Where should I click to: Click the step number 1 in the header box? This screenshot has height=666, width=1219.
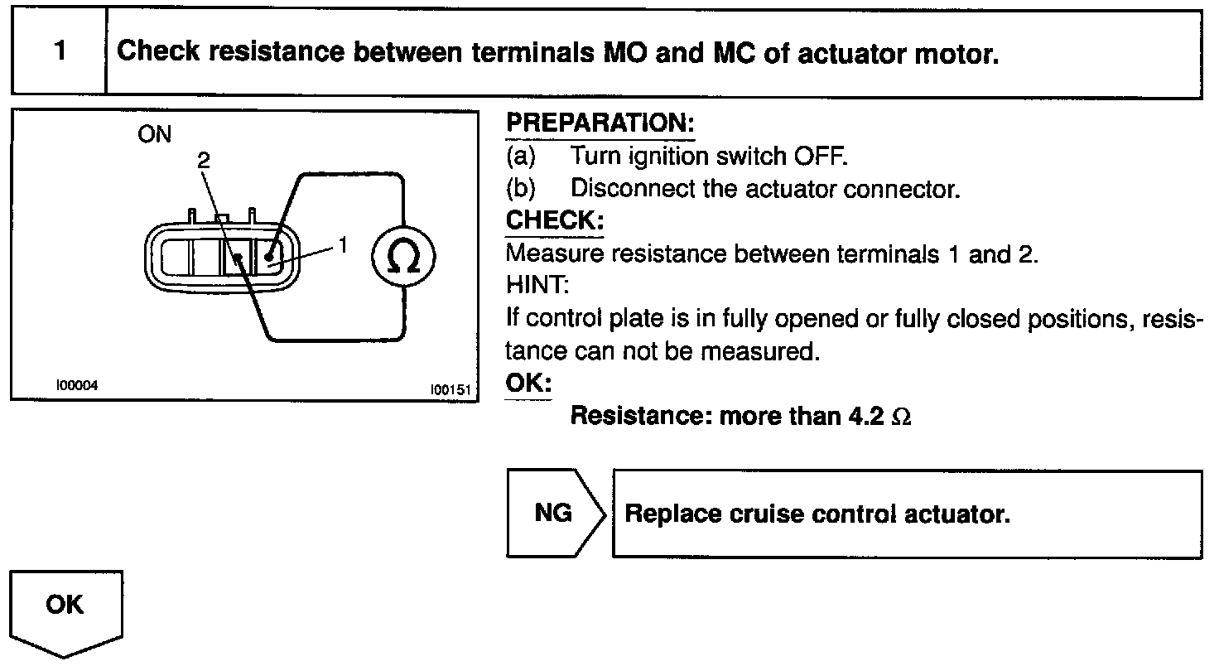click(x=60, y=52)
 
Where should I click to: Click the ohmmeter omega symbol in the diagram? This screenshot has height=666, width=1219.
click(x=403, y=258)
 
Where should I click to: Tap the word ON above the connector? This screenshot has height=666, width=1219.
click(x=155, y=134)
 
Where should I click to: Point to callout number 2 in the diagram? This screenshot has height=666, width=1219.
click(x=204, y=162)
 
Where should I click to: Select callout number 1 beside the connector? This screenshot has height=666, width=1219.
click(x=342, y=245)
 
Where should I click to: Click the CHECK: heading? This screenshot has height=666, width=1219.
click(x=554, y=221)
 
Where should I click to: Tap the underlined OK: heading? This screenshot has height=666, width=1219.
click(x=528, y=384)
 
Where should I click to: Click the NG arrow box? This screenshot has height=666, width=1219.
click(x=553, y=514)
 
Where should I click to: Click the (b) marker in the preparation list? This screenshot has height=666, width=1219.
click(x=522, y=188)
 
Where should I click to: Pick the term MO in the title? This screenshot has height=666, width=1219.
click(x=619, y=52)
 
